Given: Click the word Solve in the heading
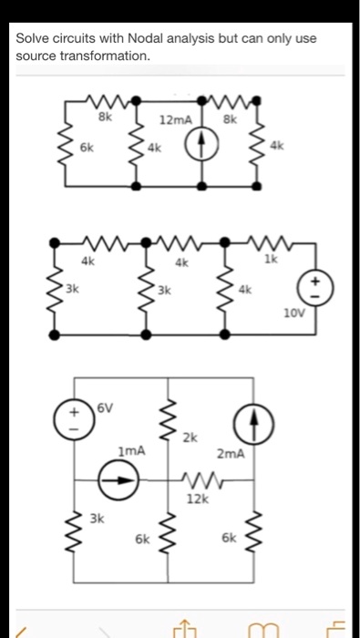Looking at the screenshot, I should click(33, 39).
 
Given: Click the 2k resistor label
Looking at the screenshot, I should click(190, 438).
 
